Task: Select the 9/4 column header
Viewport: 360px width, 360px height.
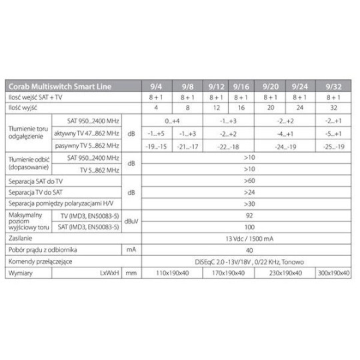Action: tap(163, 85)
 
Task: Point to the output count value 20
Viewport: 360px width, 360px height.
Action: tap(271, 107)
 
